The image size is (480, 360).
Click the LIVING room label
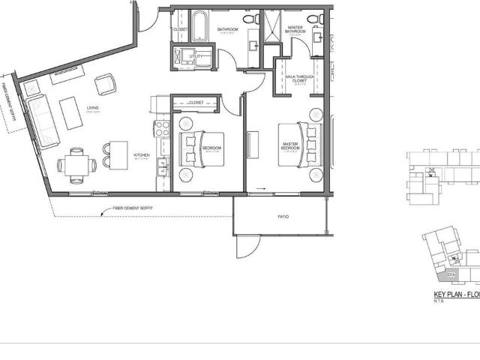coord(93,108)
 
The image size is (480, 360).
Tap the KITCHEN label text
coord(141,155)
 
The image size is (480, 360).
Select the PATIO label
coord(283,216)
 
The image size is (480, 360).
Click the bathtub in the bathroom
coord(200,28)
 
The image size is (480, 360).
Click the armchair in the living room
coord(105,83)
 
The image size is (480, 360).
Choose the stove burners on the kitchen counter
coord(161,128)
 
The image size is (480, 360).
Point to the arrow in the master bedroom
coord(261,188)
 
